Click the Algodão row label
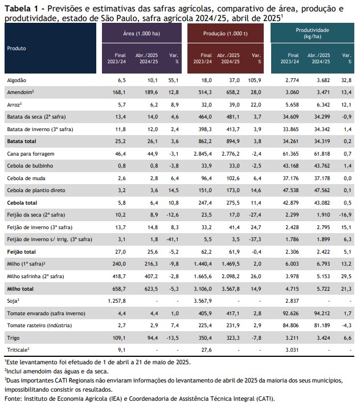17,80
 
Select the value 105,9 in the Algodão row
255,80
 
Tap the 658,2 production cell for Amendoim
233,92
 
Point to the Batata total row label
22,141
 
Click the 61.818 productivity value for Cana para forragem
322,154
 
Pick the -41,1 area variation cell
173,239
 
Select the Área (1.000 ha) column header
141,34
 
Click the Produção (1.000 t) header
226,34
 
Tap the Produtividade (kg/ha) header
312,33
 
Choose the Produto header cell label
17,48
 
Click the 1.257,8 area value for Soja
117,301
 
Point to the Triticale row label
18,350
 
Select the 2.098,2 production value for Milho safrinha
231,276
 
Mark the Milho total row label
20,289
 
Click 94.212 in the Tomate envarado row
322,314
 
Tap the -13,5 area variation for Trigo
173,338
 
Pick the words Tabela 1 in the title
22,9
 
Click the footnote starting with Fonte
140,399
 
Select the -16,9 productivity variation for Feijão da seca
345,215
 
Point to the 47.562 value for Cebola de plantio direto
322,190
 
